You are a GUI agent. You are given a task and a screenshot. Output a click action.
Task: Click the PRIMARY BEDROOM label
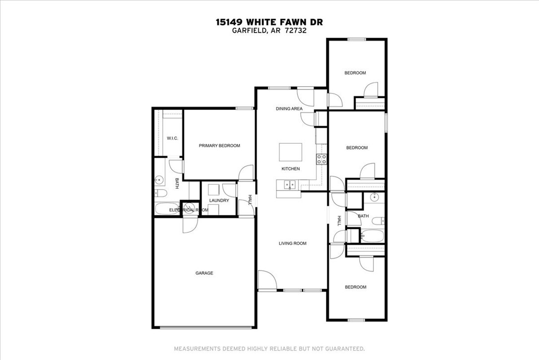tap(219, 146)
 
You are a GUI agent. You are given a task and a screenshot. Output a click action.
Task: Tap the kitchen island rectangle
tap(290, 151)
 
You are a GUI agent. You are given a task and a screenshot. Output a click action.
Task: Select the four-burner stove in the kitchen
tap(322, 159)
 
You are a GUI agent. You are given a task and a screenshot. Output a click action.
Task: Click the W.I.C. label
tap(172, 138)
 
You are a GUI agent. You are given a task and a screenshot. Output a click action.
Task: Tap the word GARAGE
tap(204, 273)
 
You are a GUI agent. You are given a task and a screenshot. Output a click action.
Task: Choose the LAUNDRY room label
tap(219, 200)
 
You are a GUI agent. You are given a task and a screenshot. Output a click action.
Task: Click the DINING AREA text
tap(289, 108)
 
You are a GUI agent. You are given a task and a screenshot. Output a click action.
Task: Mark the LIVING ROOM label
tap(292, 243)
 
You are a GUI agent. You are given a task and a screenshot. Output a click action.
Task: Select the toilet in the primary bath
tap(160, 193)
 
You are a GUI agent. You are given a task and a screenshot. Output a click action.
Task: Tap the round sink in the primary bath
tap(160, 180)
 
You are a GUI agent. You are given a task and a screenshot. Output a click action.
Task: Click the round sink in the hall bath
tap(375, 197)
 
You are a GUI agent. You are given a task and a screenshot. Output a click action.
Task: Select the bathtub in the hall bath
tap(372, 236)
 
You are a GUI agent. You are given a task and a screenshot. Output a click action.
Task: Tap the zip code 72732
tap(296, 30)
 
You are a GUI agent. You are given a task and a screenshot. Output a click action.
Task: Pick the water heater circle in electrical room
tap(189, 206)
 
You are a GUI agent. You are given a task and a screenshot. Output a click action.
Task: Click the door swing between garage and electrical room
tap(190, 225)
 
